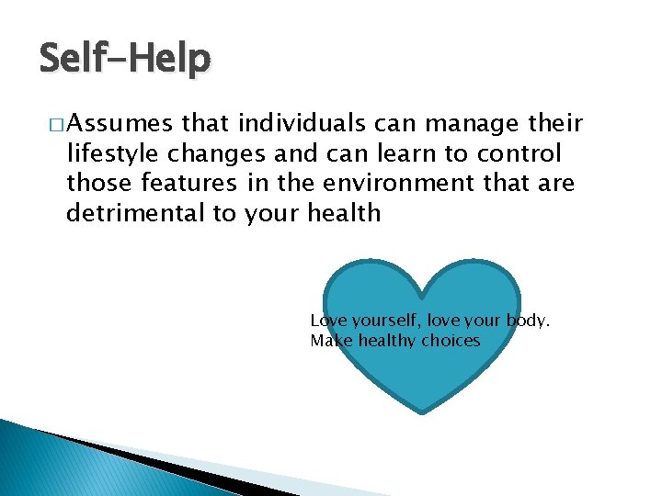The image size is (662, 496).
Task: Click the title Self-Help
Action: coord(125,60)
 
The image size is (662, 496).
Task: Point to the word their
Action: coord(554,124)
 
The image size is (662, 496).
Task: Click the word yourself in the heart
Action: coord(383,321)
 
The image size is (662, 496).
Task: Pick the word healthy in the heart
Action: coord(387,341)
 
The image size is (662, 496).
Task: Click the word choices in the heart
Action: coord(451,341)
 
